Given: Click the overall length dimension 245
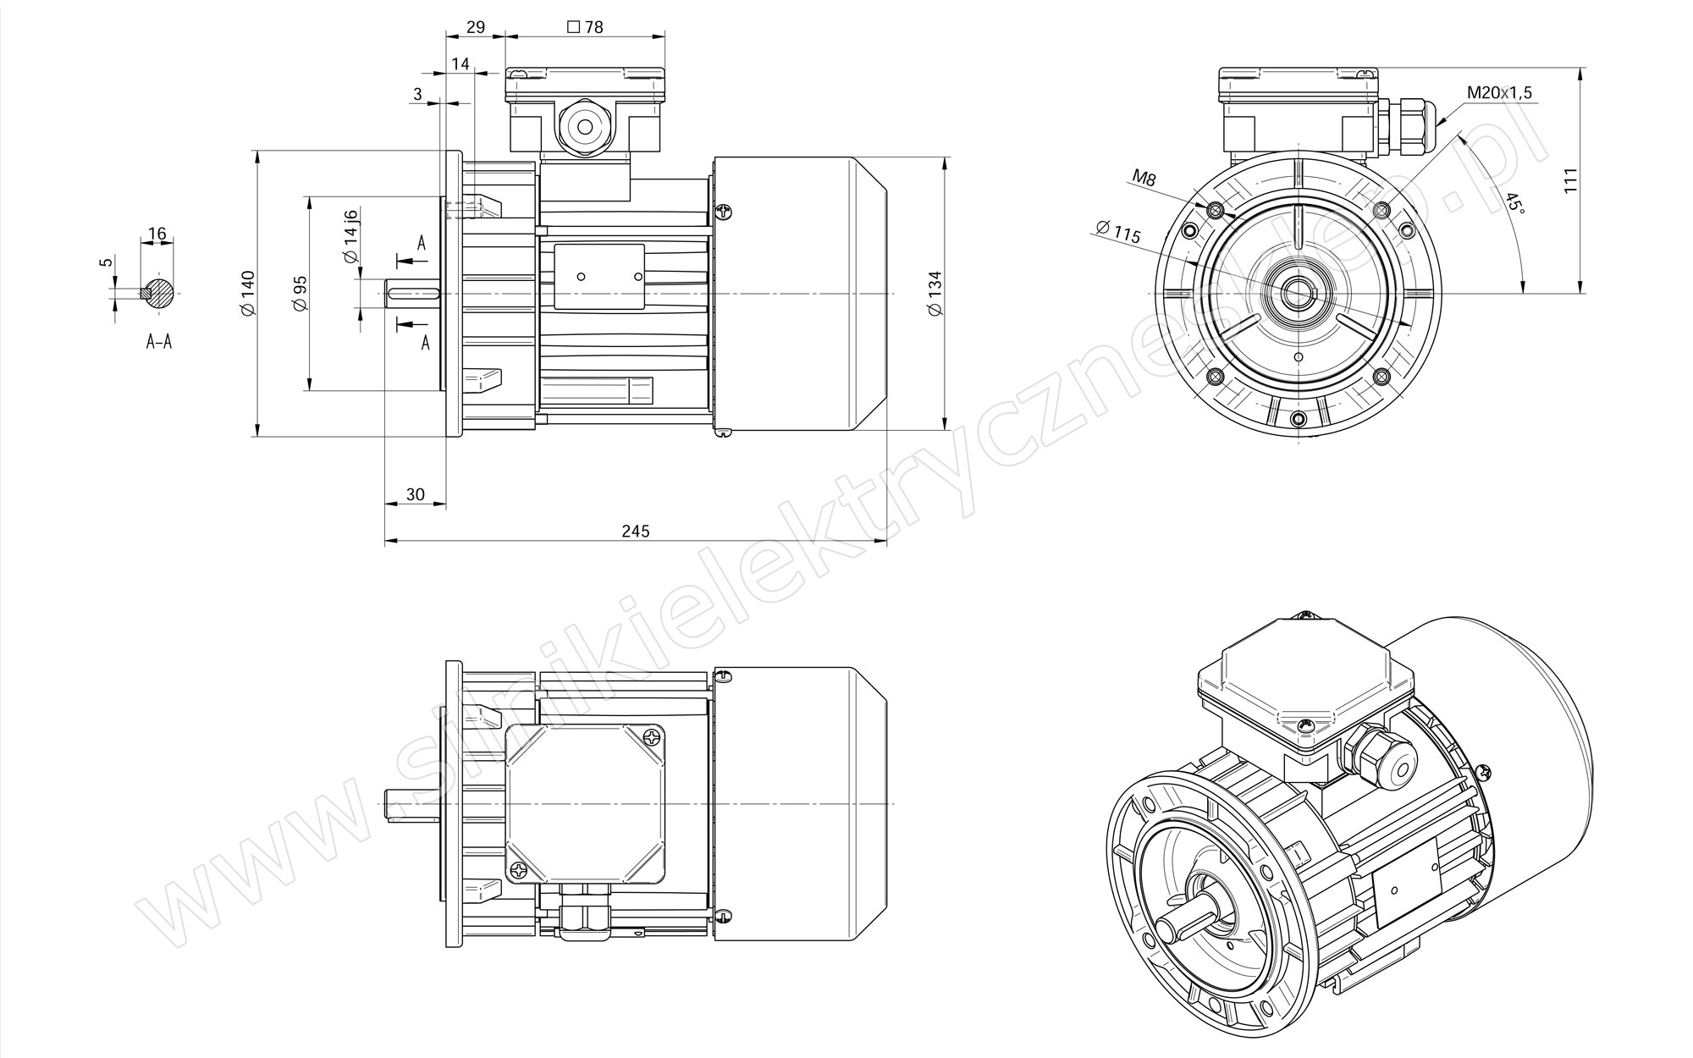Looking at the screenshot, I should click(635, 531).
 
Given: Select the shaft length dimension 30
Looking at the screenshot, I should click(415, 494).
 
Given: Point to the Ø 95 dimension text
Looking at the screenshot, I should click(300, 294).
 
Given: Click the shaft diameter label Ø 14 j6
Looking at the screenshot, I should click(351, 238).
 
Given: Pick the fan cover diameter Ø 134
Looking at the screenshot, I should click(935, 294).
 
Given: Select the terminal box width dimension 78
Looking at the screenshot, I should click(586, 27).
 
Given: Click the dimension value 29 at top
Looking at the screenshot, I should click(476, 27).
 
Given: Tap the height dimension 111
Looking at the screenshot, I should click(1571, 181).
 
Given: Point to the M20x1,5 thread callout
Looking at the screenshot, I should click(1500, 93).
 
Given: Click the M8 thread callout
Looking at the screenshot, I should click(1144, 178).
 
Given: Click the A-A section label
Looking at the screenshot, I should click(159, 342).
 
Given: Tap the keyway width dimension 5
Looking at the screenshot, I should click(106, 262).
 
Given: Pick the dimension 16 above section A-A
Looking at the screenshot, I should click(157, 234).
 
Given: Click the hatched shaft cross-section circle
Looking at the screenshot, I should click(160, 293).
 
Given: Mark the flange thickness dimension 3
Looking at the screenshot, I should click(417, 94).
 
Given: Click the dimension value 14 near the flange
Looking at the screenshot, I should click(460, 64).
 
